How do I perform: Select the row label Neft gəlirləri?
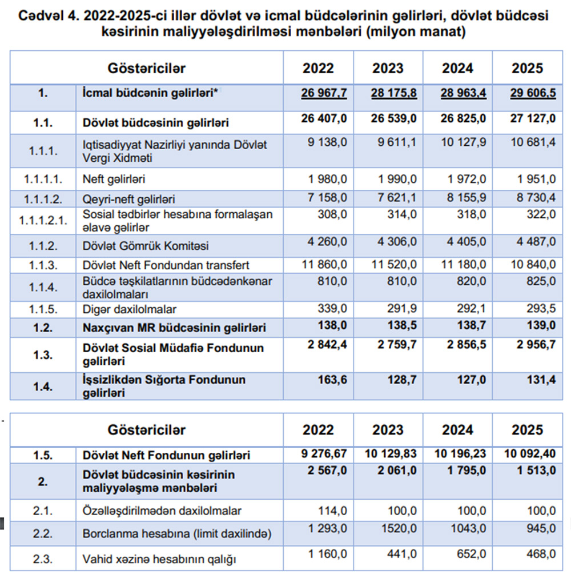pyautogui.click(x=114, y=179)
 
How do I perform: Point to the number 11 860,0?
pyautogui.click(x=324, y=265)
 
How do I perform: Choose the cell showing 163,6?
pyautogui.click(x=332, y=380)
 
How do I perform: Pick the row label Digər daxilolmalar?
pyautogui.click(x=129, y=309)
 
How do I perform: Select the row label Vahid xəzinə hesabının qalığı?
pyautogui.click(x=159, y=560)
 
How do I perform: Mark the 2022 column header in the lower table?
pyautogui.click(x=318, y=430)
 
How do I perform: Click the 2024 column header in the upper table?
pyautogui.click(x=457, y=69)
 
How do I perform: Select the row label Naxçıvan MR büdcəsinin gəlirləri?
pyautogui.click(x=174, y=328)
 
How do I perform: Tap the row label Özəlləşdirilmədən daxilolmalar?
pyautogui.click(x=162, y=511)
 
